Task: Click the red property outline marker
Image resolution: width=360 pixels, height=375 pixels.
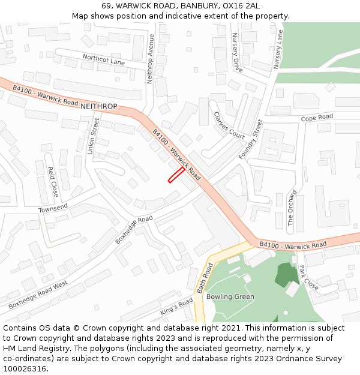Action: [176, 175]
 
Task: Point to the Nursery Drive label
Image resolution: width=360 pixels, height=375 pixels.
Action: [236, 53]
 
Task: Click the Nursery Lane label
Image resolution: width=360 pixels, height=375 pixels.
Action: [278, 49]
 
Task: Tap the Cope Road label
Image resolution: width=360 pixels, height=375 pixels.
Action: [317, 117]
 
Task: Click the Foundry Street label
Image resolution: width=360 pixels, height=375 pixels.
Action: [251, 139]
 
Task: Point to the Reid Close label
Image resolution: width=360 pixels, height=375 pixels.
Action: [53, 181]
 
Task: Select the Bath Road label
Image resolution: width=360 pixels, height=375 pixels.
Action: [203, 277]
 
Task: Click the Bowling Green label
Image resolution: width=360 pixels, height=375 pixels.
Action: [230, 296]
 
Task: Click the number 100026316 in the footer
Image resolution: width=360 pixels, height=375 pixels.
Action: [26, 368]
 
